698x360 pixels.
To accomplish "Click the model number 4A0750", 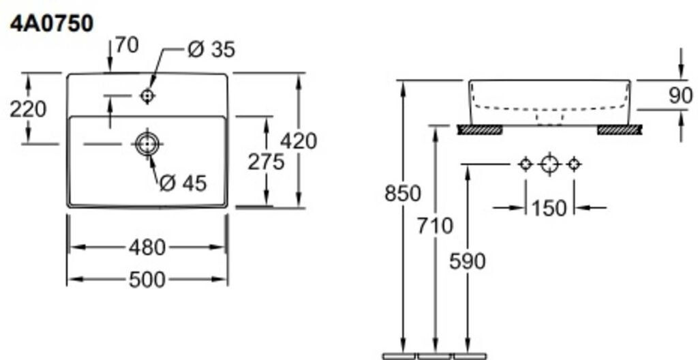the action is tap(51, 24).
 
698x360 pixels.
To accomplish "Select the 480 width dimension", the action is tap(147, 247).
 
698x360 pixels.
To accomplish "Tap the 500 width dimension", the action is tap(147, 279).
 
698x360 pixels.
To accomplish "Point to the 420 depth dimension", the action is tap(299, 140).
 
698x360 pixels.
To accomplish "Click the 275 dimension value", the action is tap(265, 162).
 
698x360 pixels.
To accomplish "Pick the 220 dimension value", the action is tap(28, 108).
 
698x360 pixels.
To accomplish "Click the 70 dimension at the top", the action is tap(126, 45).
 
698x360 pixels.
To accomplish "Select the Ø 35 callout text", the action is tap(211, 49).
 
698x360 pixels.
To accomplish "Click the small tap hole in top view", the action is tap(147, 96).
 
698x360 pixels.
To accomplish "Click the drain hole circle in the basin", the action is tap(147, 143).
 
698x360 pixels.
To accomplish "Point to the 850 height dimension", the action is tap(402, 193).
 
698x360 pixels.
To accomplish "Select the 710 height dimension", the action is tap(435, 225).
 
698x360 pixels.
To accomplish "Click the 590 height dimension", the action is tap(467, 260).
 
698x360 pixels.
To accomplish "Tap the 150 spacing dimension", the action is tap(549, 207).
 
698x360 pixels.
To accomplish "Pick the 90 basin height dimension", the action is tap(680, 95).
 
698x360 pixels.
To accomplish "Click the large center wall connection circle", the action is tap(549, 164).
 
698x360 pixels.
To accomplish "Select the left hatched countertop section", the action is tap(479, 130).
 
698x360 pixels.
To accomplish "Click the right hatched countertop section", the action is tap(620, 130).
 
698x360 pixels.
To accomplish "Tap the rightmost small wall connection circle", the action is tap(574, 164).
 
